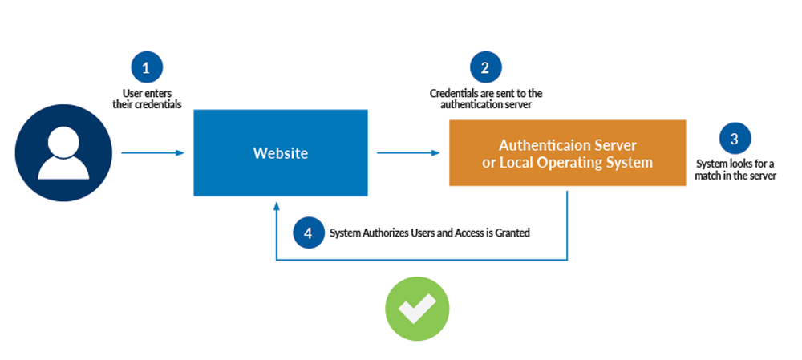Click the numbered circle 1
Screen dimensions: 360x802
click(x=146, y=68)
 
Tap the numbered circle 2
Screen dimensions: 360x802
click(x=485, y=68)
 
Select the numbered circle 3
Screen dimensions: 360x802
click(x=734, y=138)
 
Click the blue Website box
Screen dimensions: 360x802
click(x=280, y=152)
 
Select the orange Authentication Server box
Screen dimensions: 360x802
click(x=567, y=153)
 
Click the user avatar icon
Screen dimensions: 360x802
click(x=63, y=152)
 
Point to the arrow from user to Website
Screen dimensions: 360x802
click(x=152, y=152)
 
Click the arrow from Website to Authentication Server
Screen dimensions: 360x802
click(x=408, y=152)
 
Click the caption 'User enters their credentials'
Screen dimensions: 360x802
click(x=147, y=99)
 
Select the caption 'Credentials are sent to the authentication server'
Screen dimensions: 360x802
click(x=486, y=99)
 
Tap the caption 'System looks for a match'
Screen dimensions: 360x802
click(x=735, y=170)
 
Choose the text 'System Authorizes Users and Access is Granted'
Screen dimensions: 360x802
click(x=430, y=233)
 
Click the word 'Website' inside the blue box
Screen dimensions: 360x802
click(x=280, y=153)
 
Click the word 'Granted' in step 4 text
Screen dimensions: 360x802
click(x=513, y=233)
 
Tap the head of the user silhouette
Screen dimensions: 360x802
click(x=63, y=141)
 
